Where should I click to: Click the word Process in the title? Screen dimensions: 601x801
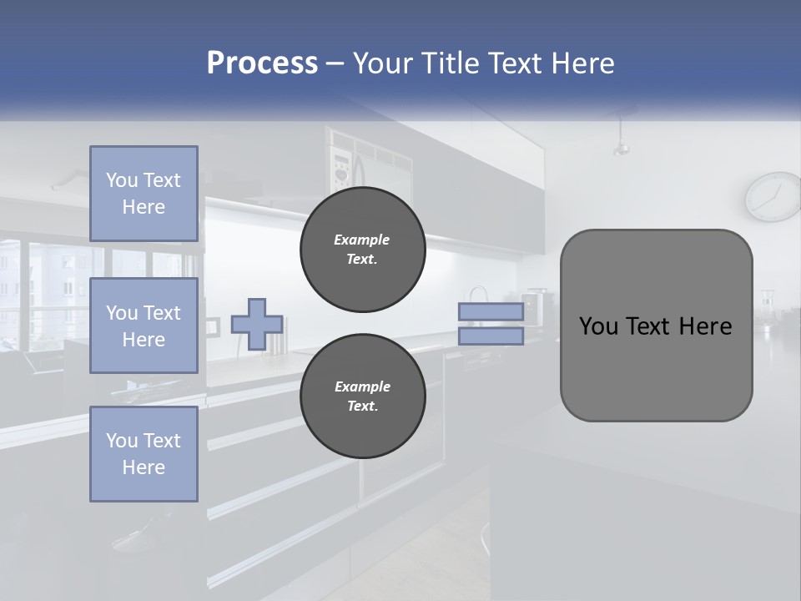coord(262,63)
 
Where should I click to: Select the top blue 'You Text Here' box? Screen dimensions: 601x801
coord(144,194)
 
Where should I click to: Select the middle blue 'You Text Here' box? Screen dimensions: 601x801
coord(144,326)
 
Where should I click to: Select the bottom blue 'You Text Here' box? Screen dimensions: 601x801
coord(144,453)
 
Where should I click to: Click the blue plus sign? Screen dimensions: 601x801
coord(257,323)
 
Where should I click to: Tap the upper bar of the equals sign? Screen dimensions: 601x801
coord(491,312)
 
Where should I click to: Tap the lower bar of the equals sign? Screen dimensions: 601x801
coord(491,336)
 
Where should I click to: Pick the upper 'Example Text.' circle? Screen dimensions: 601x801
coord(362,250)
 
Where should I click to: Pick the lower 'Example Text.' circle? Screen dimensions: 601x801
coord(362,396)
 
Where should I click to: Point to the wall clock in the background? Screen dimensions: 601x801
coord(773,197)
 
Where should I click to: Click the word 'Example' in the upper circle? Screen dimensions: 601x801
coord(362,240)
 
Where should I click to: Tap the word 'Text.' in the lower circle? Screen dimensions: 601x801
coord(362,407)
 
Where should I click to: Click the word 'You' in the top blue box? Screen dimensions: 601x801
coord(121,180)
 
